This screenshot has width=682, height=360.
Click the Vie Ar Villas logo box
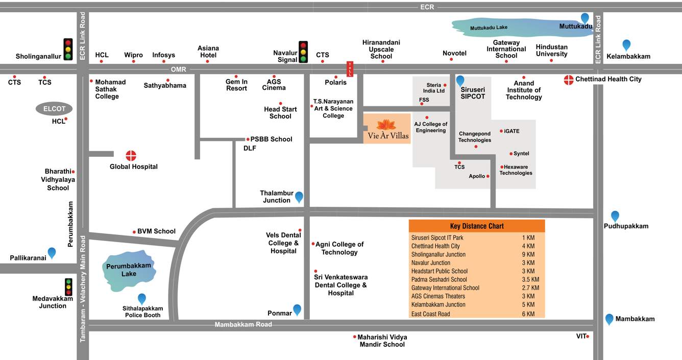[386, 129]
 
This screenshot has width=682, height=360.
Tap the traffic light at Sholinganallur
[68, 49]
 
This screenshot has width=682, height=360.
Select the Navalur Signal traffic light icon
[303, 52]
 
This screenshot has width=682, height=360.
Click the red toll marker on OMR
[350, 69]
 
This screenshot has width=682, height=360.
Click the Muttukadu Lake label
[489, 28]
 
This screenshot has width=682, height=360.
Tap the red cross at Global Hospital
[131, 156]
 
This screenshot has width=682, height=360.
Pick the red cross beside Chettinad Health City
[569, 80]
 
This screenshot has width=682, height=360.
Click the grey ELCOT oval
[54, 109]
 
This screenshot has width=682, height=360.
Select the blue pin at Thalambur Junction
[299, 197]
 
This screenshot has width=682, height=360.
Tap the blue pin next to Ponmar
[297, 309]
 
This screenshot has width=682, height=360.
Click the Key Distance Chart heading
[477, 226]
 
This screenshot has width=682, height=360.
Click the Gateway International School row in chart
[445, 288]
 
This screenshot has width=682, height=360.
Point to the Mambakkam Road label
[243, 325]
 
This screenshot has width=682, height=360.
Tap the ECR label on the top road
[427, 7]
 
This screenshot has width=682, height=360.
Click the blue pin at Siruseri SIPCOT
[460, 80]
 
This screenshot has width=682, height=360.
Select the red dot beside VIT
[588, 336]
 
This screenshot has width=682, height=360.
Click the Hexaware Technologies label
[516, 170]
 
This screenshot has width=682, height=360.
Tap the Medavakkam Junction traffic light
[68, 286]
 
